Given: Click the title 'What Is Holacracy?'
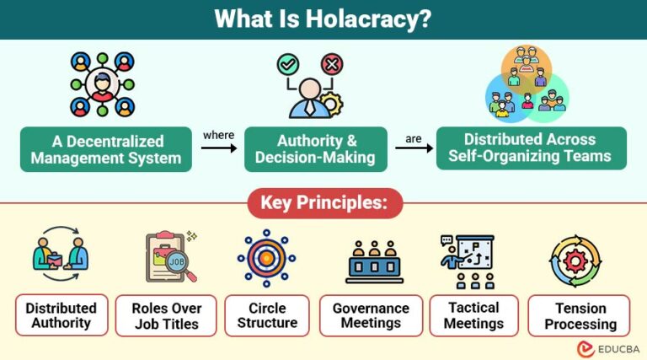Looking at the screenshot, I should pos(323,19).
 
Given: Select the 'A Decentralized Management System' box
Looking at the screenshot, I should pos(105,149).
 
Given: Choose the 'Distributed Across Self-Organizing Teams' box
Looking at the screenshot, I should pos(531,148).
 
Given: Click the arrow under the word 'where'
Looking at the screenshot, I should pos(218,147).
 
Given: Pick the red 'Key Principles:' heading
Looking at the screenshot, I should pos(323,203).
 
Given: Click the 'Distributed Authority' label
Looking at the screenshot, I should pos(61,315).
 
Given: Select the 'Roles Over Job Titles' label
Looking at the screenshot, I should pos(165,315).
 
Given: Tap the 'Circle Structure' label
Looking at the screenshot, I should pos(267,315).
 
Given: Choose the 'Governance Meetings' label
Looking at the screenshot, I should pos(371,315).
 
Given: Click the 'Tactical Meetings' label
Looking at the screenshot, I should pos(473,315).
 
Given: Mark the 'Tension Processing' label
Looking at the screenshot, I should pos(580,315).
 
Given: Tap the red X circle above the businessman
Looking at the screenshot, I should pos(332,64).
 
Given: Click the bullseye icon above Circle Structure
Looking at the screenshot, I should pos(267,259).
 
